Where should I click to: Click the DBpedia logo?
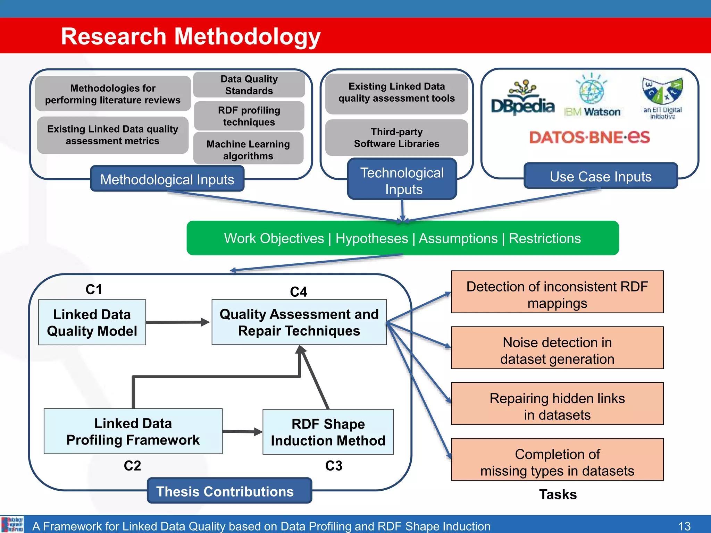522,99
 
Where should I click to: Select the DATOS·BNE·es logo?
589,137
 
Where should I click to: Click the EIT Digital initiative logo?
662,98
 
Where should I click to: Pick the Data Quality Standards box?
249,85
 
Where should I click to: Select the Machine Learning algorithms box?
248,150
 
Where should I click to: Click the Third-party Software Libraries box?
396,138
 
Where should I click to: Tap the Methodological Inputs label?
167,179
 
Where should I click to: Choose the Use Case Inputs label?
600,176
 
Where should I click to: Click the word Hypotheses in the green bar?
371,238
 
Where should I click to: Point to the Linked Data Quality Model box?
92,322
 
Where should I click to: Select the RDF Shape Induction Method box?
328,432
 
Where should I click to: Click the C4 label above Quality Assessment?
299,292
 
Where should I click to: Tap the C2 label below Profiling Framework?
132,465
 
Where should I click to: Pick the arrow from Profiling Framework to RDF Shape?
242,432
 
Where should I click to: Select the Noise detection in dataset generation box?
557,348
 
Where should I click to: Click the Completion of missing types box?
557,460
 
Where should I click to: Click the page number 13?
684,526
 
